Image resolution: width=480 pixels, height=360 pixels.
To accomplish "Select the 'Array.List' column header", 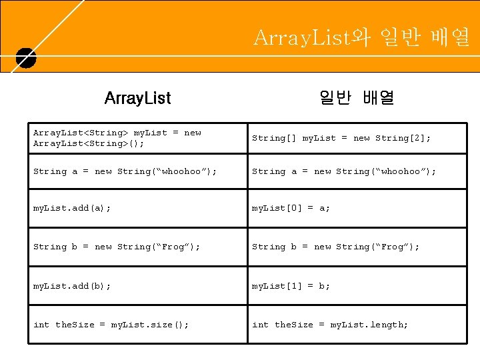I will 137,99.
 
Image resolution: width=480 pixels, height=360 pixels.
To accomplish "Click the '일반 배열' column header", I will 357,99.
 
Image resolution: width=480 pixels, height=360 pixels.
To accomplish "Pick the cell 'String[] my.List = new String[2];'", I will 341,138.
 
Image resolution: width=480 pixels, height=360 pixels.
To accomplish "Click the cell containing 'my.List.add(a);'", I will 72,208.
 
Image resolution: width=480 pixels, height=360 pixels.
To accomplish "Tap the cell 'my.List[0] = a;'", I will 291,208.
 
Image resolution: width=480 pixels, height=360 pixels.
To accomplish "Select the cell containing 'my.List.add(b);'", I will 72,285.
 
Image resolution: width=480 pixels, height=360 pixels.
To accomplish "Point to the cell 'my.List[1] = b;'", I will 291,285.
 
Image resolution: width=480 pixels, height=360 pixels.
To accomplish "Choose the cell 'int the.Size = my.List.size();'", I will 111,325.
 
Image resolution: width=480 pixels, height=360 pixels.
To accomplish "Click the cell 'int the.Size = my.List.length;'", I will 330,325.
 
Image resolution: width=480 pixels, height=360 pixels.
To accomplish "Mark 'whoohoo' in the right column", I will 401,172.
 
